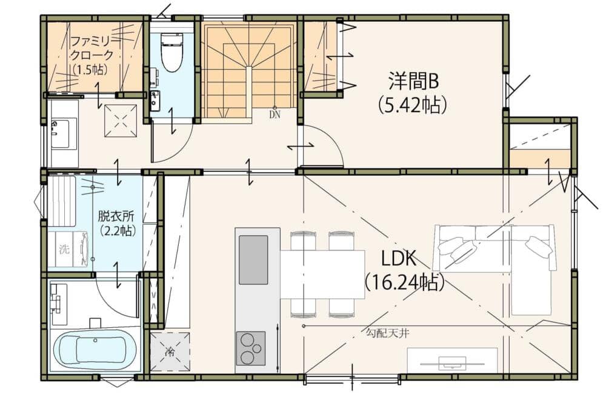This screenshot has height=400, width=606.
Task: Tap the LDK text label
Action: [399, 259]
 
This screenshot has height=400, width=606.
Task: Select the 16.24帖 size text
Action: [404, 282]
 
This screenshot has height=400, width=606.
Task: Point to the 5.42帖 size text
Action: [413, 104]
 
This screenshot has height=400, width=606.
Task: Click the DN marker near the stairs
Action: [275, 115]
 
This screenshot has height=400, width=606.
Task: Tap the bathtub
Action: [95, 350]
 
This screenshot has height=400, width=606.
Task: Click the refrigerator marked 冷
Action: [170, 351]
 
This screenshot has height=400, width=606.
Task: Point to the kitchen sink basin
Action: [253, 259]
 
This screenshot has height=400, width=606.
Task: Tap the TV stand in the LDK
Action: [452, 360]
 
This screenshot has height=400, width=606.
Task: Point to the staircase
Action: [248, 72]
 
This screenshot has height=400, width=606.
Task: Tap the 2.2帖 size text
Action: [118, 231]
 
